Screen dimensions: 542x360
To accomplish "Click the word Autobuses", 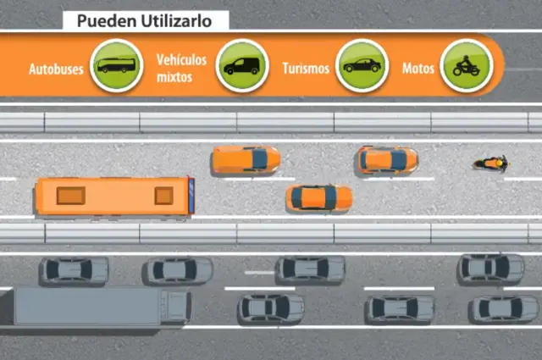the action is [56, 69].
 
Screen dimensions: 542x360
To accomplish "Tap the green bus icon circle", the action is [117, 65].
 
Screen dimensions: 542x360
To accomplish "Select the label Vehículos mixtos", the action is [181, 68].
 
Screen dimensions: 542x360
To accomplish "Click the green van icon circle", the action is [242, 65].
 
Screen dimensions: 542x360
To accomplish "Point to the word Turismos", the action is [306, 69].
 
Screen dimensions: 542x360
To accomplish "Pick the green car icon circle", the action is [362, 65].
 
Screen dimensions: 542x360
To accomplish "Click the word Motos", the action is [418, 69].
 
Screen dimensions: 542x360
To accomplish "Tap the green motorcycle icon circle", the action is [467, 65].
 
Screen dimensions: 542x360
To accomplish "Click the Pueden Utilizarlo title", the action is [144, 21].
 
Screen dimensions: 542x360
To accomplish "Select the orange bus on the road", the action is [115, 196].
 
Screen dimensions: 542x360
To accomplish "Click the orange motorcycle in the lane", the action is [491, 163].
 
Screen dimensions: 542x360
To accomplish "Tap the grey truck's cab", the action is [175, 306].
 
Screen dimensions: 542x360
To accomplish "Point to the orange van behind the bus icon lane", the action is [246, 159].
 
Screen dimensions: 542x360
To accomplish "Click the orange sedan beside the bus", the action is [319, 198].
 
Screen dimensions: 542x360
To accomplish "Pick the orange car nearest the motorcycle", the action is [388, 160].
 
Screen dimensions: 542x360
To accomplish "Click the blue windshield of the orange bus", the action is [191, 196].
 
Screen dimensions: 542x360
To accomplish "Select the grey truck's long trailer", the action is [86, 306].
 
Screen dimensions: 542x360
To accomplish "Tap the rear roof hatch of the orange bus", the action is [71, 196].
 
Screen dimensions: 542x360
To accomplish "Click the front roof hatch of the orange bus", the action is [163, 196].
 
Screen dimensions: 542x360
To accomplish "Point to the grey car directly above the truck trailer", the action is [75, 271].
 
